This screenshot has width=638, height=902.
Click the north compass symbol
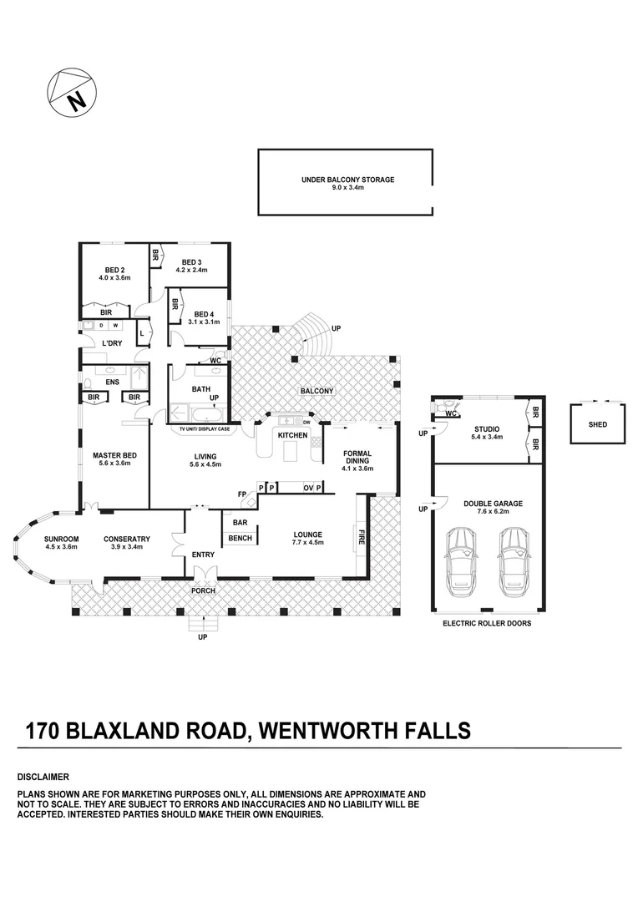click(x=73, y=93)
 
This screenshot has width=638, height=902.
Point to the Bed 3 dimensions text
click(x=189, y=270)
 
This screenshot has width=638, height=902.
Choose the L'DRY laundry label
click(x=112, y=343)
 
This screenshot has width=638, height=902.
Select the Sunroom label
click(x=62, y=539)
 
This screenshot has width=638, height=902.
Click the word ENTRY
click(x=203, y=555)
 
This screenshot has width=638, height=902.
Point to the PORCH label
click(x=203, y=590)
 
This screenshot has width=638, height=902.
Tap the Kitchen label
click(x=293, y=435)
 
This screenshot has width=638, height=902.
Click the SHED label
click(x=598, y=424)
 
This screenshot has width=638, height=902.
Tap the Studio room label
click(x=487, y=432)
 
